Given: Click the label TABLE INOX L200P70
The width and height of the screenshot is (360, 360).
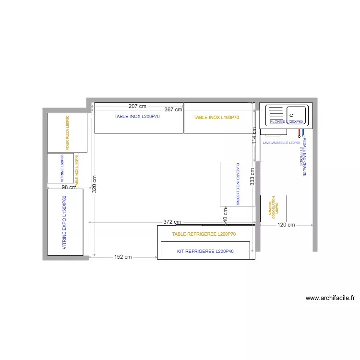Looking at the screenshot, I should pyautogui.click(x=139, y=117).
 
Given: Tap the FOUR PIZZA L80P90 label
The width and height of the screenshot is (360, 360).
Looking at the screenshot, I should pyautogui.click(x=68, y=133).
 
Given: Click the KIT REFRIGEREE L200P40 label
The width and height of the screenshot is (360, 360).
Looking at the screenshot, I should pyautogui.click(x=205, y=252).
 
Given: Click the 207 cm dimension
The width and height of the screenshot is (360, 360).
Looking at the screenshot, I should pyautogui.click(x=137, y=106).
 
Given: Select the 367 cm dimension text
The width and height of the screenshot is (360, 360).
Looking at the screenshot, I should pyautogui.click(x=173, y=109).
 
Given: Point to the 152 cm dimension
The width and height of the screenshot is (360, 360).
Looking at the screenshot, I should pyautogui.click(x=123, y=257).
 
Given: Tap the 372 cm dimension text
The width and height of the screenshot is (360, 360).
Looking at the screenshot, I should pyautogui.click(x=172, y=222).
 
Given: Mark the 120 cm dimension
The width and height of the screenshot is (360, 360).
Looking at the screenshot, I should pyautogui.click(x=287, y=225).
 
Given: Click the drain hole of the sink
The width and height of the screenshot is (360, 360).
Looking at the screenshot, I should pyautogui.click(x=291, y=115).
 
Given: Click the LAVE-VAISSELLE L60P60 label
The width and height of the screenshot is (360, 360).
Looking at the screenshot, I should pyautogui.click(x=281, y=143).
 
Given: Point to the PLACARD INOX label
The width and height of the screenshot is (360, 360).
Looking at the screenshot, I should pyautogui.click(x=237, y=184).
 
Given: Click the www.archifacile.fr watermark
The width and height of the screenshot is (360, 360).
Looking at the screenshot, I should pyautogui.click(x=329, y=298).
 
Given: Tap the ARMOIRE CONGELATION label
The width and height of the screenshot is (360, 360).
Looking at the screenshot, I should pyautogui.click(x=272, y=207).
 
